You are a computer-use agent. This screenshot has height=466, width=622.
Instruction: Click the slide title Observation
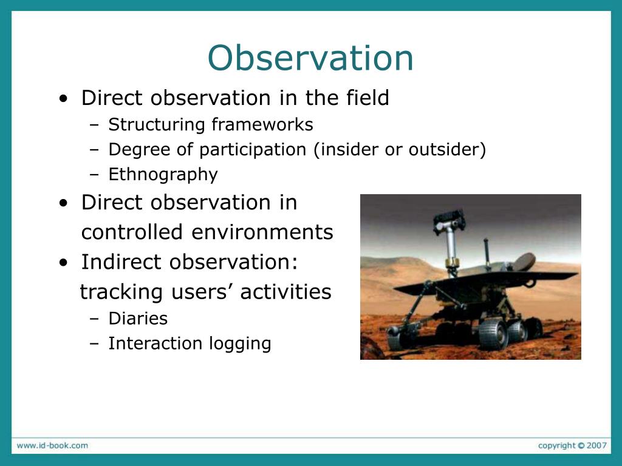(310, 58)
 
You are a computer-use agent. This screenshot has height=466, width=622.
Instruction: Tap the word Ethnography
(163, 175)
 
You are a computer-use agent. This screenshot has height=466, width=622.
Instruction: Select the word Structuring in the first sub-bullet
(157, 125)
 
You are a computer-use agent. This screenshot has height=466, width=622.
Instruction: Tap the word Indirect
(121, 262)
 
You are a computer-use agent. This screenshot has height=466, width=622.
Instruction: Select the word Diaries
(138, 319)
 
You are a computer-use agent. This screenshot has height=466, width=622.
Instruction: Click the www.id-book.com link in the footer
(52, 445)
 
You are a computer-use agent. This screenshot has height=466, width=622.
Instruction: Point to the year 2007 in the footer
(597, 445)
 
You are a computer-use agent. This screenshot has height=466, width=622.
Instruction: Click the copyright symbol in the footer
(581, 445)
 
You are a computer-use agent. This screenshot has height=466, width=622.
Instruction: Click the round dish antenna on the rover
(521, 262)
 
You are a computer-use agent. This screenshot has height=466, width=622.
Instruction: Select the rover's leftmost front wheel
(395, 338)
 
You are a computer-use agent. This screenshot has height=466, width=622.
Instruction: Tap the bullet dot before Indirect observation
(63, 263)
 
